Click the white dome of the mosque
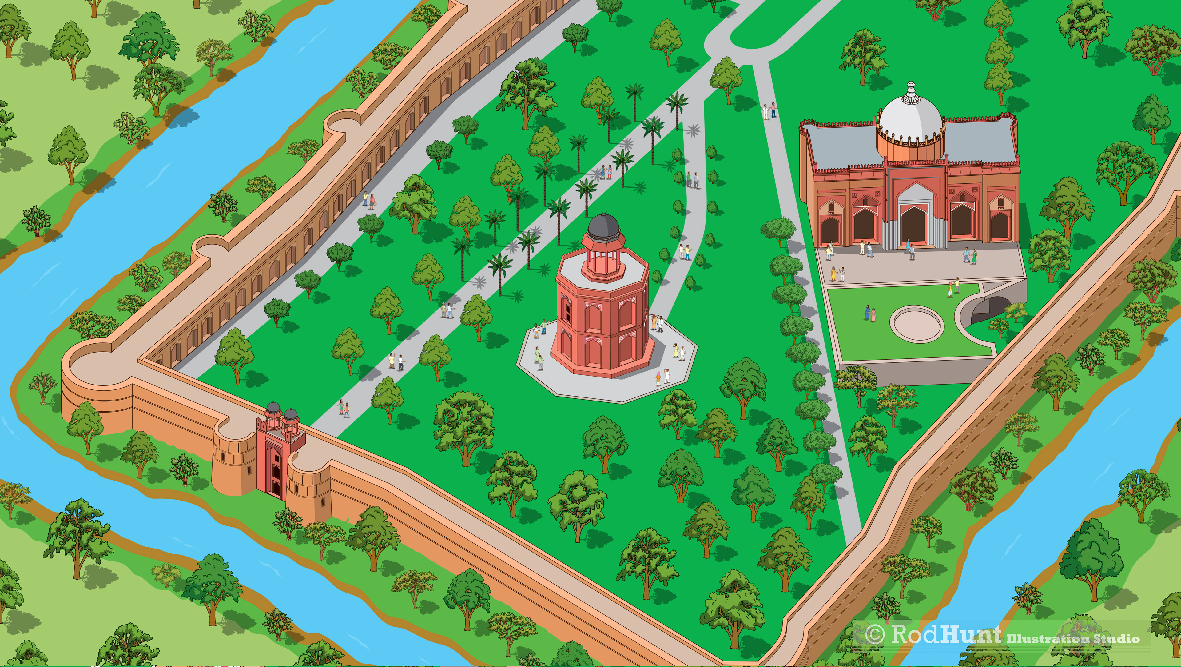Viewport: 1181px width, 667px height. tap(910, 117)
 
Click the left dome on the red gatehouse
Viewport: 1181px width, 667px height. tap(273, 408)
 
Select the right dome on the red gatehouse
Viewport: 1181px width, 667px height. tap(291, 415)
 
